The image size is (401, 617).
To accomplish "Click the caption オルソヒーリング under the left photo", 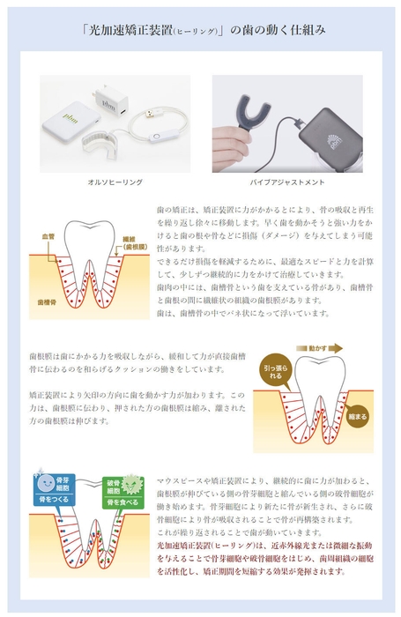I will pyautogui.click(x=115, y=182).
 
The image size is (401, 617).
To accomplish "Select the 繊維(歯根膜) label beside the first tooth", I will pyautogui.click(x=129, y=242).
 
